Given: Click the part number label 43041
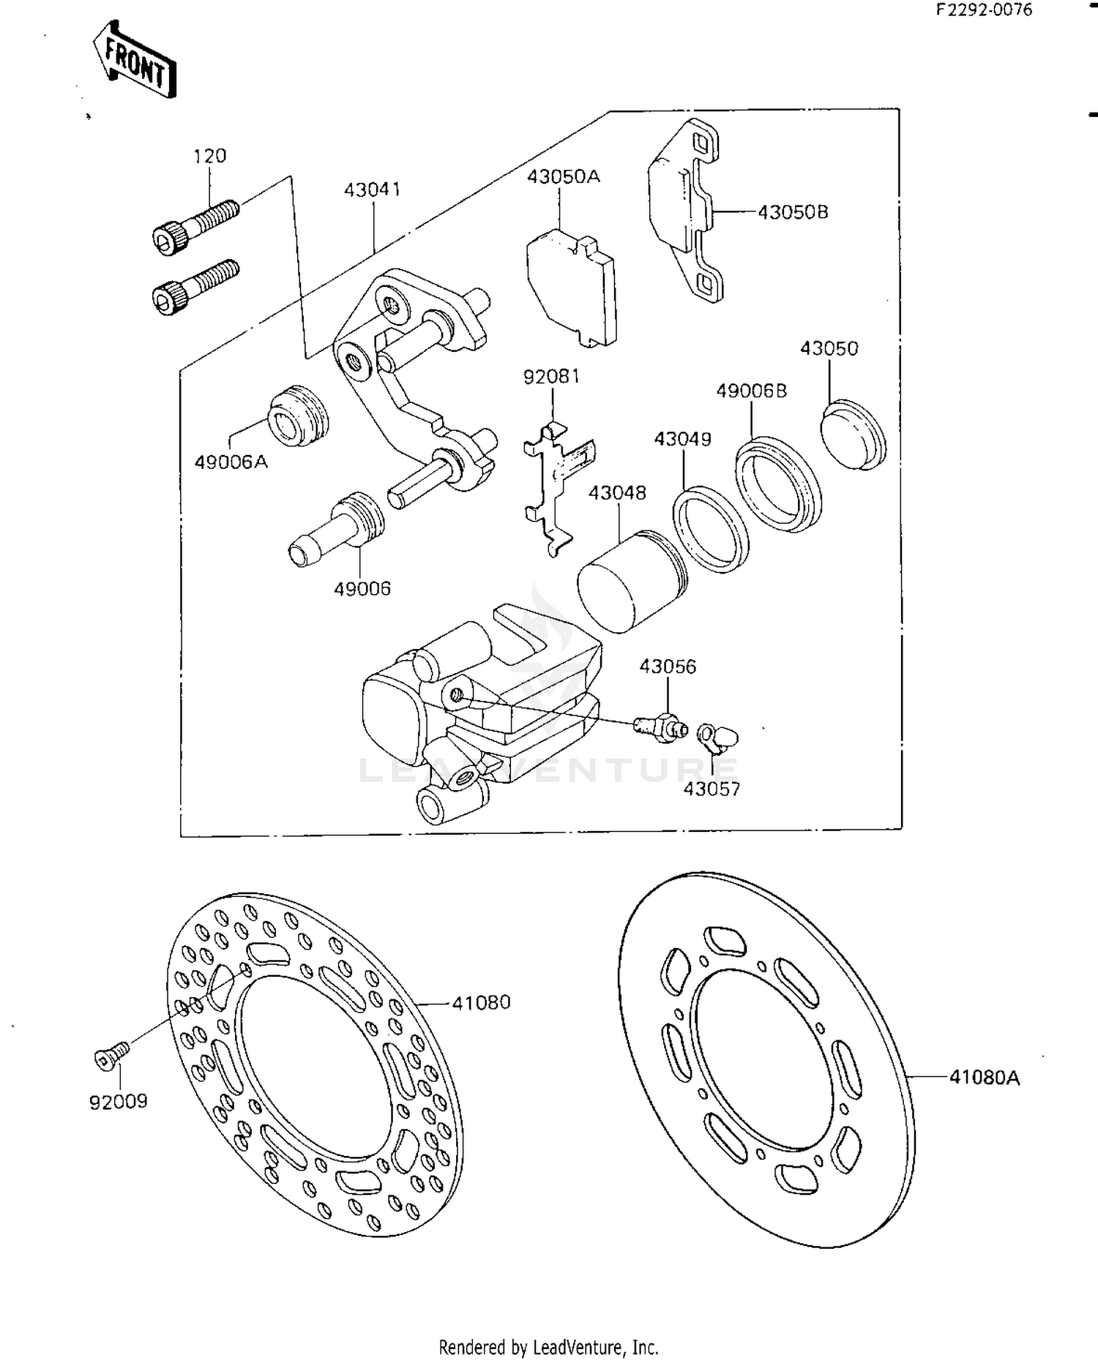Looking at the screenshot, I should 373,189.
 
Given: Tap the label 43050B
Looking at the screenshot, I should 793,212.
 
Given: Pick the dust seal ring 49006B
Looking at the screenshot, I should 778,484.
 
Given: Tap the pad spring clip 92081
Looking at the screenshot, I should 556,484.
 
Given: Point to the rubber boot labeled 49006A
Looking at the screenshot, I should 298,415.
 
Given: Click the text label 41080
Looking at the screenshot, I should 481,1003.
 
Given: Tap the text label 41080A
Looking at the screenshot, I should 984,1077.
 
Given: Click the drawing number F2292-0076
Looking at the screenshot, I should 983,10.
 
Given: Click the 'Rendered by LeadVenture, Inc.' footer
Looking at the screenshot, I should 548,1347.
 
